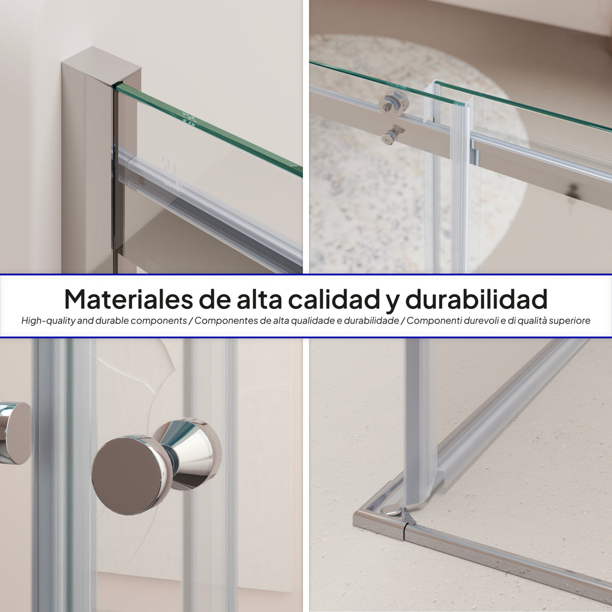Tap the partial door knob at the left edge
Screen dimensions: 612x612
(x=14, y=433)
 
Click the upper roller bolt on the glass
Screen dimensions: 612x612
(x=393, y=103)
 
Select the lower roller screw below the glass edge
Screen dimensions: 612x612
(x=391, y=136)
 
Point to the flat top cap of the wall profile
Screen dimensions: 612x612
(x=102, y=65)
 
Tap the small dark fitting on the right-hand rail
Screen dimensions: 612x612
(x=573, y=191)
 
